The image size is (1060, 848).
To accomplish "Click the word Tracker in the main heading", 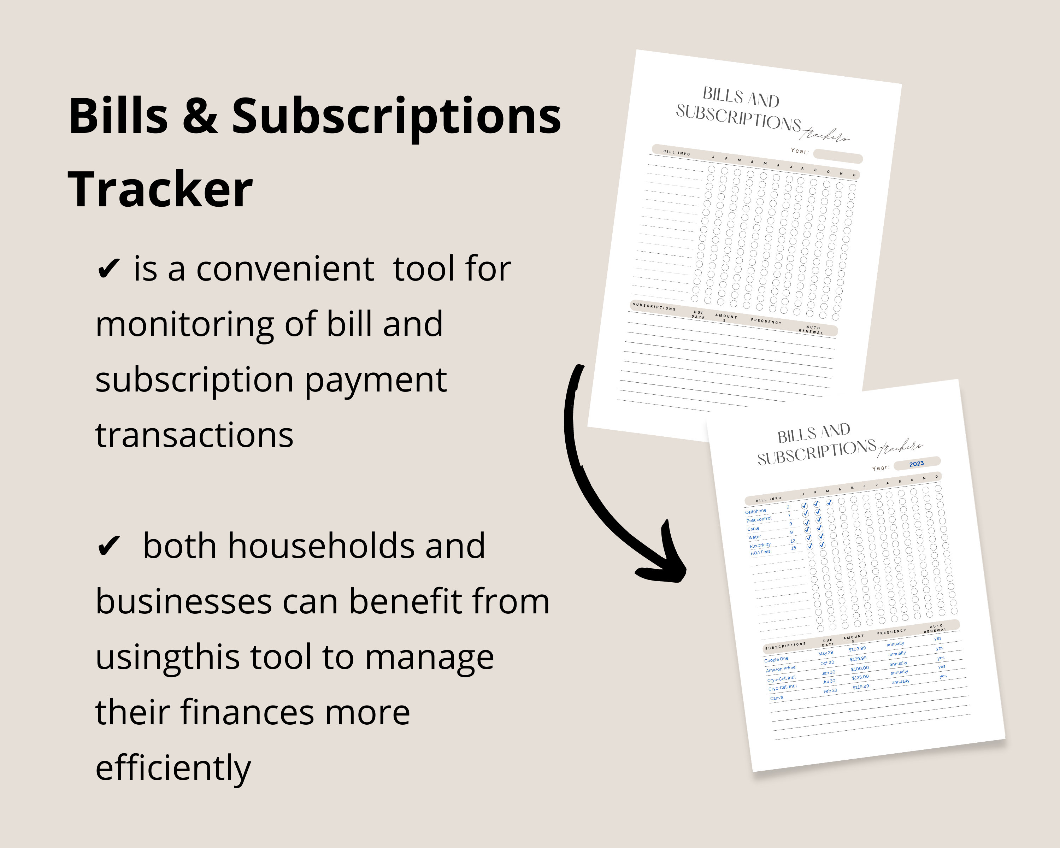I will pos(160,189).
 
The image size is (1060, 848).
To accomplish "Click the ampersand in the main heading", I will pos(200,117).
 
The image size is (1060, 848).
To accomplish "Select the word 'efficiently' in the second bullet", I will pos(173,768).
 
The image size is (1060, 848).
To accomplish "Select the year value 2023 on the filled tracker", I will pos(917,464).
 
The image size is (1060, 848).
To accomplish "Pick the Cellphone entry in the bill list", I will pos(756,512).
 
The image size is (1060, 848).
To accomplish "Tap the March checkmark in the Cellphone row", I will pos(829,502).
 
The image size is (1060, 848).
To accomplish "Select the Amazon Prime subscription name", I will pos(781,669).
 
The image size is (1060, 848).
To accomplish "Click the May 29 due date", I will pos(826,653).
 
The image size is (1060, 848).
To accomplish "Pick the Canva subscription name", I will pos(777,697).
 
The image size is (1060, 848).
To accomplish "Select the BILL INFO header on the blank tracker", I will pos(677,153).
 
